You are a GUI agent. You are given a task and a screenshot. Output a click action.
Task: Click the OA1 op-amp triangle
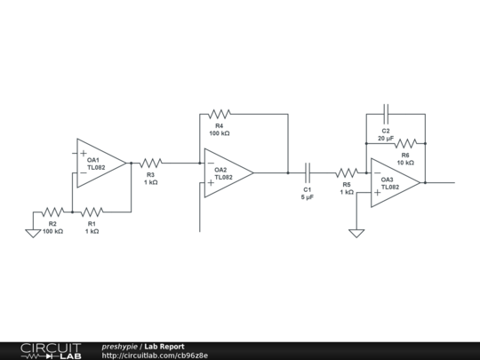pyautogui.click(x=100, y=163)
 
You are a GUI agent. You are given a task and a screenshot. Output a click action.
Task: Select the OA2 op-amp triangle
pyautogui.click(x=227, y=172)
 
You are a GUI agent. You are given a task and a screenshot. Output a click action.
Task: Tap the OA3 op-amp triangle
pyautogui.click(x=394, y=182)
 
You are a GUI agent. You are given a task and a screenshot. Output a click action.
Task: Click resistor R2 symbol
pyautogui.click(x=53, y=212)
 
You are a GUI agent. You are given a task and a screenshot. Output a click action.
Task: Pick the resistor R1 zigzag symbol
pyautogui.click(x=92, y=212)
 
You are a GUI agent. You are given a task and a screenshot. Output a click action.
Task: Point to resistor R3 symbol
pyautogui.click(x=151, y=163)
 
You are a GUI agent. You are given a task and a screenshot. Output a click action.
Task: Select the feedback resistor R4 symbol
pyautogui.click(x=220, y=114)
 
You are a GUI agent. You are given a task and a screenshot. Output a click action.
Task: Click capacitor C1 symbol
pyautogui.click(x=308, y=172)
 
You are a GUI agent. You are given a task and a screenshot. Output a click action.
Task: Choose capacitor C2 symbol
pyautogui.click(x=386, y=114)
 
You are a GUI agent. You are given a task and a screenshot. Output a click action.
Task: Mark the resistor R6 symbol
pyautogui.click(x=405, y=142)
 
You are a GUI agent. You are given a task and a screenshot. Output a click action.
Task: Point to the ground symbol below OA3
pyautogui.click(x=356, y=233)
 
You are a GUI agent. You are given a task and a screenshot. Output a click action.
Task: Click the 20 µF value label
pyautogui.click(x=386, y=139)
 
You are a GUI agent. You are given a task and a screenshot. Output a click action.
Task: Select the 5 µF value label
pyautogui.click(x=308, y=197)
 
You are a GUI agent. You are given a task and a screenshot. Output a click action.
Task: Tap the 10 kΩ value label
pyautogui.click(x=405, y=163)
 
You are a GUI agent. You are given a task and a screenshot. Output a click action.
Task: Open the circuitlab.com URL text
pyautogui.click(x=155, y=356)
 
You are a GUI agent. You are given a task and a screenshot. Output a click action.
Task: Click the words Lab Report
pyautogui.click(x=164, y=346)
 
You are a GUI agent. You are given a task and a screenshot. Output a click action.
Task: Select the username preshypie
pyautogui.click(x=120, y=346)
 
